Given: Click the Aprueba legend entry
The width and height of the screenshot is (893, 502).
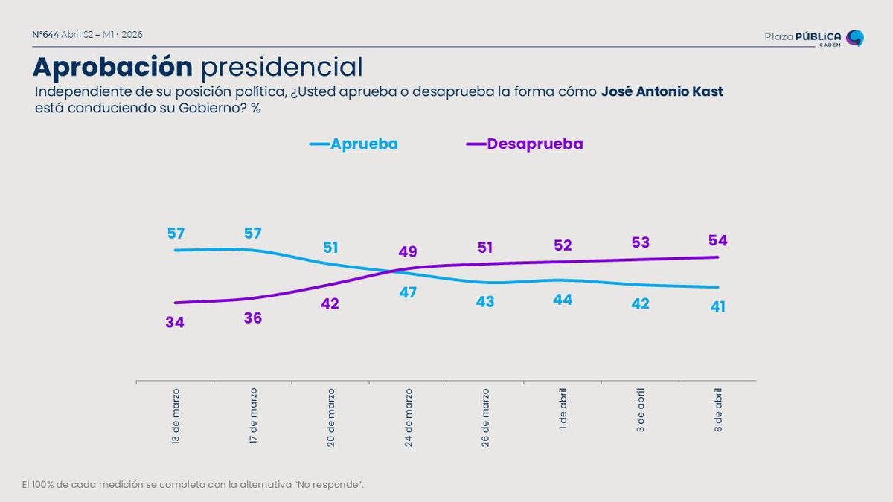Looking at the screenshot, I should click(x=354, y=144).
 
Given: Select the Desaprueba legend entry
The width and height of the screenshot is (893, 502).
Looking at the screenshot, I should click(x=525, y=144).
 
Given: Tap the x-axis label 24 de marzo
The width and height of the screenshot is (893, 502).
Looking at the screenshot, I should click(x=408, y=417).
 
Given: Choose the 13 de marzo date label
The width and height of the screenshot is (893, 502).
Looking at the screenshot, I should click(x=176, y=417).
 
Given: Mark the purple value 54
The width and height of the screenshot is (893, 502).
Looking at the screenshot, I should click(x=718, y=240).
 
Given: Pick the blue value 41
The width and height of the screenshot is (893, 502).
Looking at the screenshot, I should click(x=718, y=306).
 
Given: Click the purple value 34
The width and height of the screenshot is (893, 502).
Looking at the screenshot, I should click(x=176, y=322).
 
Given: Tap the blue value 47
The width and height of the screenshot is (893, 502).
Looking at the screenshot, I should click(x=408, y=292).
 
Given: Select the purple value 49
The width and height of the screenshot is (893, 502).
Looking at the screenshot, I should click(x=408, y=251).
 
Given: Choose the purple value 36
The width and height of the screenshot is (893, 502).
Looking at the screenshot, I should click(x=253, y=318).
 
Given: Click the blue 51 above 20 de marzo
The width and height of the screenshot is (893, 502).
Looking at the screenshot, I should click(x=330, y=247).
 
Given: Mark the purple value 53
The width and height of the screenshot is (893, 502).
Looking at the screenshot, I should click(x=641, y=242).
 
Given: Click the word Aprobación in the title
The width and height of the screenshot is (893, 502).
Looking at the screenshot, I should click(x=112, y=67).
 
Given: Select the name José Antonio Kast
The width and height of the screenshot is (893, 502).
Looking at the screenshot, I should click(x=662, y=92).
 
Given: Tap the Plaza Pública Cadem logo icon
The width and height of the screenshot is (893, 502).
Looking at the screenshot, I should click(x=855, y=38).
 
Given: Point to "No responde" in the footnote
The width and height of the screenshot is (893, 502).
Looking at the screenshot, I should click(x=328, y=485).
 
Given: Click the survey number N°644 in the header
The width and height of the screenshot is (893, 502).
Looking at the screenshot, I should click(x=45, y=35).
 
